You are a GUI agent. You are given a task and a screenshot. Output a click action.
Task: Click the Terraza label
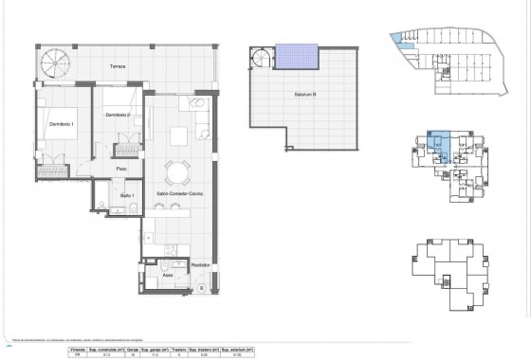tap(117, 67)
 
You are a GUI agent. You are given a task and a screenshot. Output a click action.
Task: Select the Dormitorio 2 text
tap(118, 115)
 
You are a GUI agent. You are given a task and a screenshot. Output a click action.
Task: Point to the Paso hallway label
tap(121, 169)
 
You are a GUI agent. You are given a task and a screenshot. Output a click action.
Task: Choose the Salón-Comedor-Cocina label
tap(174, 191)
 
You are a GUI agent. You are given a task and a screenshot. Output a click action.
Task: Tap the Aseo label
tap(166, 276)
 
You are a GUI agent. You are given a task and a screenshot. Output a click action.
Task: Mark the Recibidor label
tap(199, 266)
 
